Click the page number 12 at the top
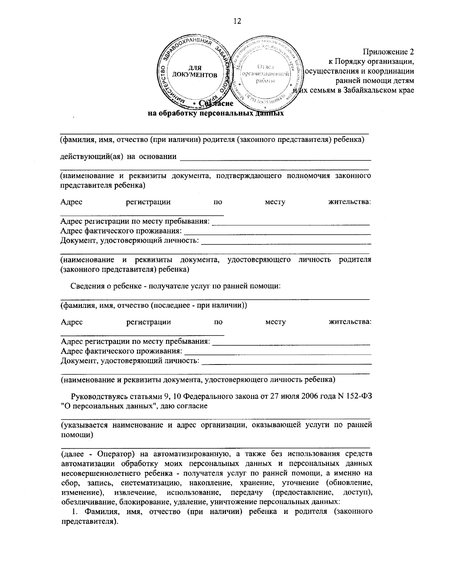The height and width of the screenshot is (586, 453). coord(237,21)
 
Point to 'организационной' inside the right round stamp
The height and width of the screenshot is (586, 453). coord(266,74)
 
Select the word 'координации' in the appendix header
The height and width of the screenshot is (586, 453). coord(393,71)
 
